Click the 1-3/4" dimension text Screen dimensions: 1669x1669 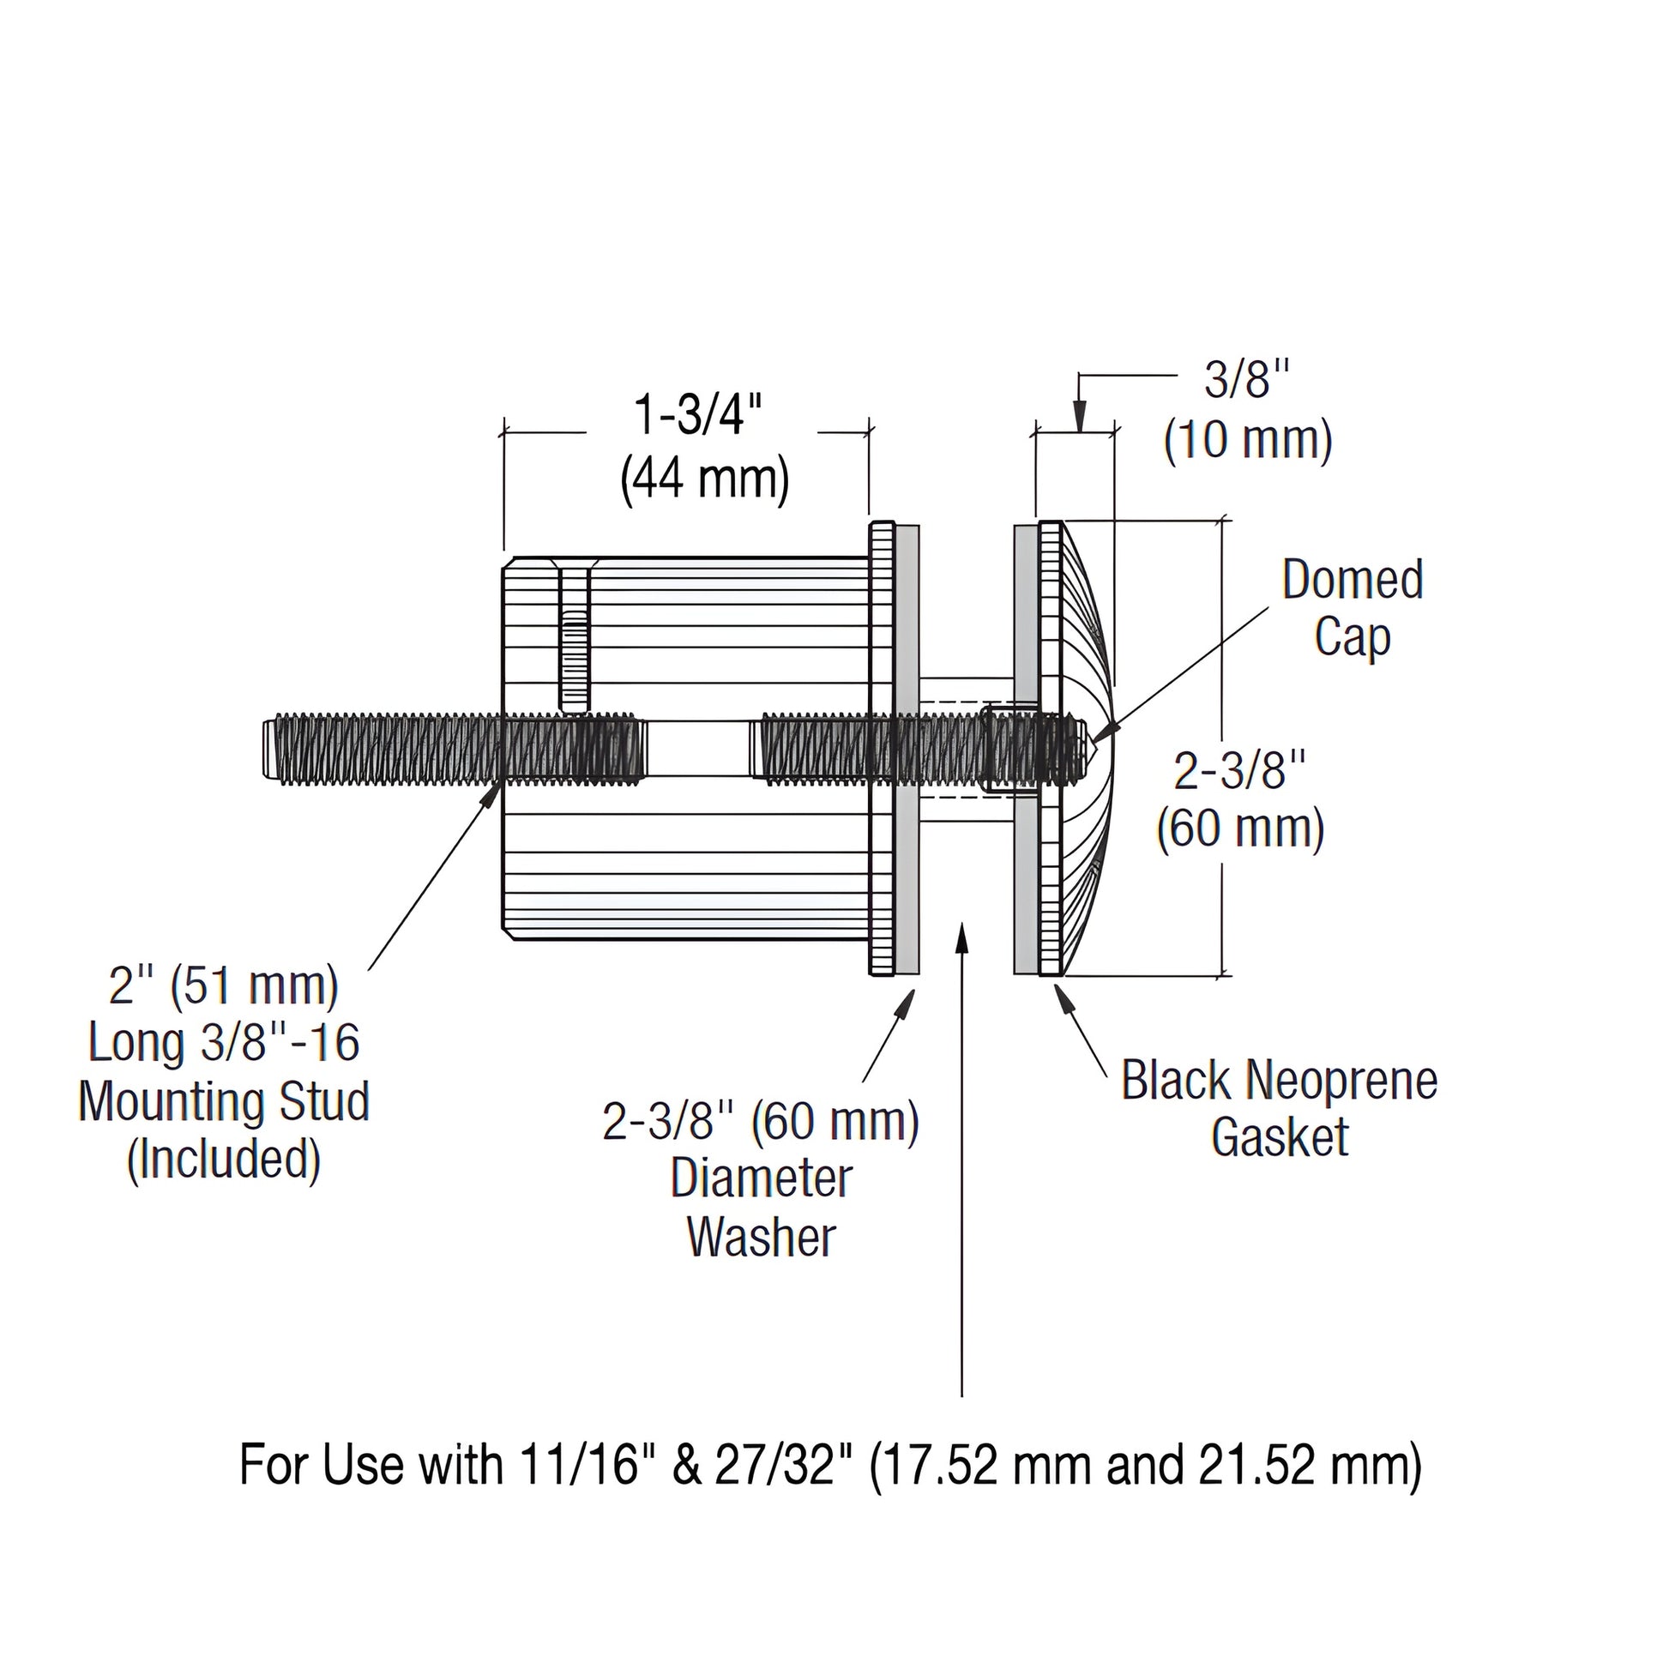(700, 414)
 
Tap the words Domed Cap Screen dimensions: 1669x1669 (1352, 608)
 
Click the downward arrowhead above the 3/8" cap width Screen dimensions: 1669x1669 (1080, 419)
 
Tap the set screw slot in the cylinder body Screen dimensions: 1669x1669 (575, 635)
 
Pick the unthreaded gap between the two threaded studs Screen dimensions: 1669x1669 (696, 748)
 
